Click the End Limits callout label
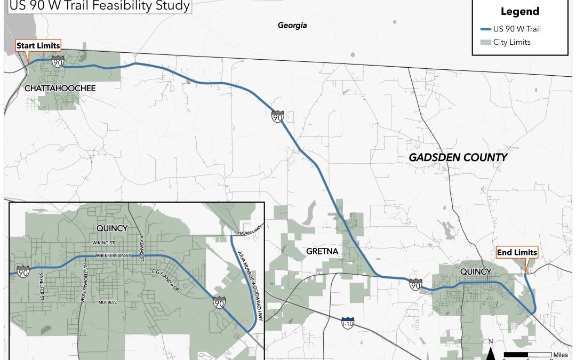click(517, 252)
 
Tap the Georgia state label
click(292, 25)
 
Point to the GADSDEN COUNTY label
click(458, 158)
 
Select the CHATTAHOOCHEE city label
click(60, 88)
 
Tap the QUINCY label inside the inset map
click(111, 228)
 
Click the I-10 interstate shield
click(347, 323)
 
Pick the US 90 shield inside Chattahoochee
click(58, 62)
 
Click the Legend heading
click(519, 12)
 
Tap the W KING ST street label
click(104, 244)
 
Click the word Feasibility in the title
click(109, 6)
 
